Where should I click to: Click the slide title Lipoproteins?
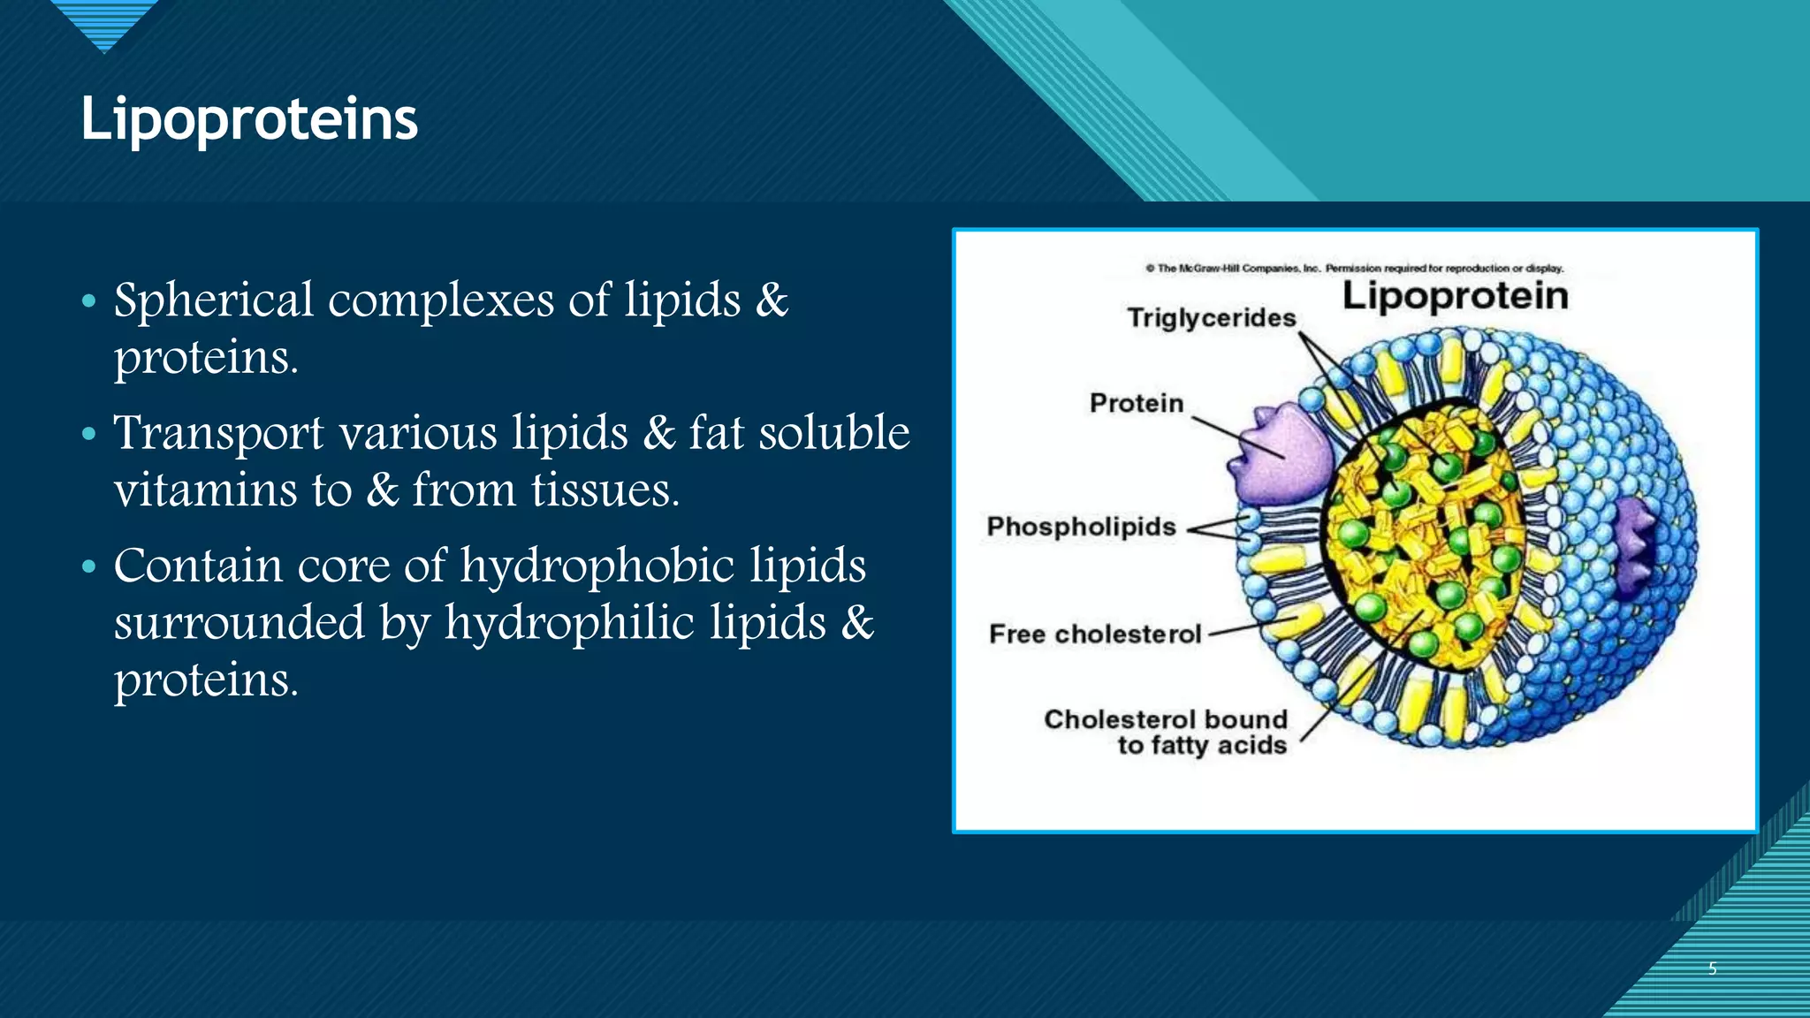[248, 119]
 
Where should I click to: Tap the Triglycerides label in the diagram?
[1211, 317]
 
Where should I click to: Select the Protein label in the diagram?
[1136, 403]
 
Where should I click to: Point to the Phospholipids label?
[1081, 527]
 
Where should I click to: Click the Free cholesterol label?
[1095, 634]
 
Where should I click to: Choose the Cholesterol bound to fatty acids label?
[1166, 732]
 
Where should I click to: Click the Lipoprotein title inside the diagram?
[1455, 295]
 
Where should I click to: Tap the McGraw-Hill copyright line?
[1354, 268]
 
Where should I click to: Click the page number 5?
[1712, 969]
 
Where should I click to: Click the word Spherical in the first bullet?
[213, 300]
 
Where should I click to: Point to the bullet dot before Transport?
[88, 434]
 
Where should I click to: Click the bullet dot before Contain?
[88, 566]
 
